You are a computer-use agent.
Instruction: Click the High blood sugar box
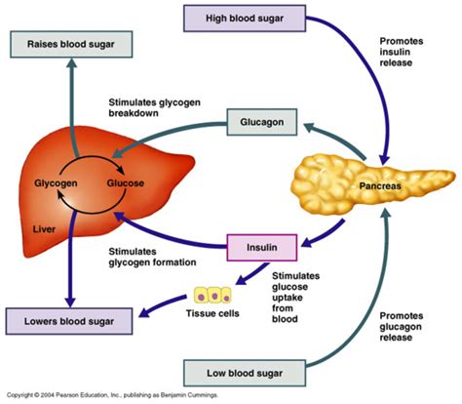(245, 19)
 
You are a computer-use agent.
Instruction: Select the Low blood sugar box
(245, 373)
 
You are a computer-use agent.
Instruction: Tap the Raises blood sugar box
(71, 44)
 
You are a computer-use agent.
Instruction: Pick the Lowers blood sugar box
(69, 321)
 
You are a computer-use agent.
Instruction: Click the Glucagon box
(262, 122)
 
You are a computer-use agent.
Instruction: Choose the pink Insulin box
(262, 248)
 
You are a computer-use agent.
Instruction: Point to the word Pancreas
(380, 186)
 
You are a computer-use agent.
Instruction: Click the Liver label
(44, 229)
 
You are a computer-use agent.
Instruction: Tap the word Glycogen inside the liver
(56, 183)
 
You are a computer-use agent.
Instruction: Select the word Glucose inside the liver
(126, 183)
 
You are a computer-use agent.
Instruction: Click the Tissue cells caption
(212, 313)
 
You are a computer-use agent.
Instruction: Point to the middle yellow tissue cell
(214, 295)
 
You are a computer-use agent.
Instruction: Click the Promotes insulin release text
(402, 52)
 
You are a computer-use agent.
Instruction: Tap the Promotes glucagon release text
(402, 327)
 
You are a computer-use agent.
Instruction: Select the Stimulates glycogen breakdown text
(154, 107)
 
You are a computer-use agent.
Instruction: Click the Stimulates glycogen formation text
(152, 257)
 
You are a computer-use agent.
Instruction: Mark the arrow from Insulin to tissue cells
(251, 274)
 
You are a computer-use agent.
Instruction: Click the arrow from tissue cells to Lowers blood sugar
(163, 304)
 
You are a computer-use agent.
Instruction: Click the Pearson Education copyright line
(112, 395)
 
